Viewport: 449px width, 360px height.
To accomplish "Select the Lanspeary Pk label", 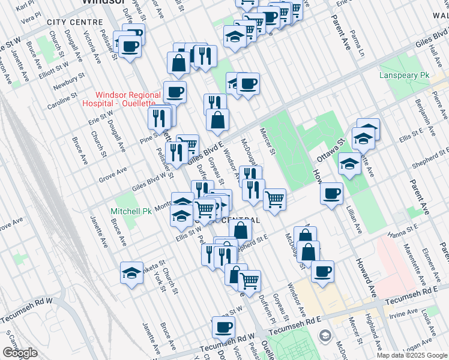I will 405,76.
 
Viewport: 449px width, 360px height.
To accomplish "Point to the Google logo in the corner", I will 20,353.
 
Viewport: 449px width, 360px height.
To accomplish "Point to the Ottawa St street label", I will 328,151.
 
